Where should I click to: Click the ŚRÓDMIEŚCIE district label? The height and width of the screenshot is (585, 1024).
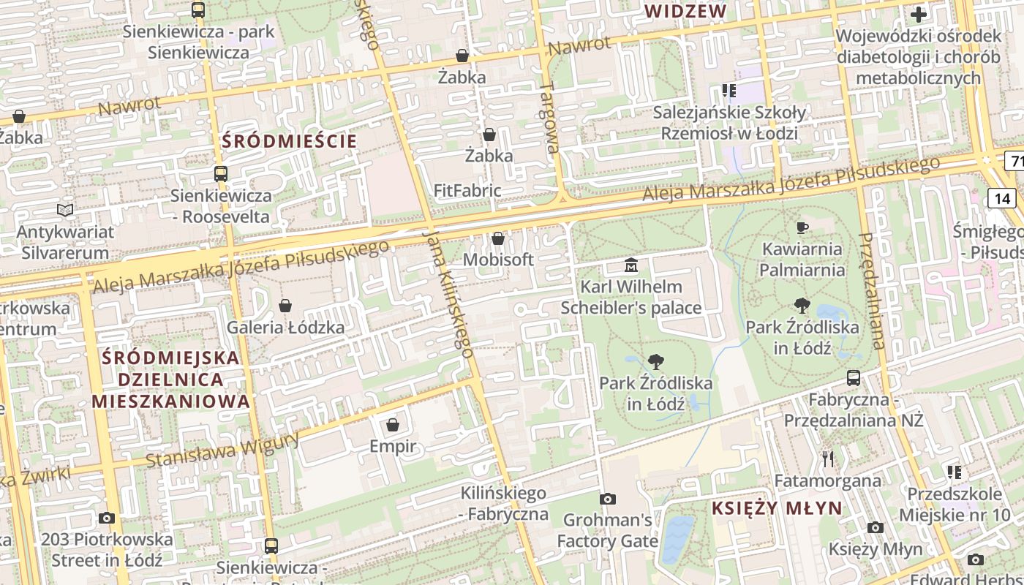pyautogui.click(x=290, y=141)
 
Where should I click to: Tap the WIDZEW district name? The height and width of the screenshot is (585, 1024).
pyautogui.click(x=686, y=11)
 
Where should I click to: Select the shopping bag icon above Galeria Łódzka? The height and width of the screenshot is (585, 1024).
pyautogui.click(x=285, y=305)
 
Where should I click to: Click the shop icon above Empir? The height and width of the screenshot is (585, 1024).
pyautogui.click(x=393, y=424)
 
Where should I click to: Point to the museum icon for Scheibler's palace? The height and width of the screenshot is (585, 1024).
pyautogui.click(x=630, y=265)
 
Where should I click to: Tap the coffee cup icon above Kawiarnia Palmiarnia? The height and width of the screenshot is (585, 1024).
pyautogui.click(x=802, y=227)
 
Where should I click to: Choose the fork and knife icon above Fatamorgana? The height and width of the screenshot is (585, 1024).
pyautogui.click(x=828, y=459)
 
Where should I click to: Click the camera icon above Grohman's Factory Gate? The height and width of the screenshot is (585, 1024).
pyautogui.click(x=607, y=499)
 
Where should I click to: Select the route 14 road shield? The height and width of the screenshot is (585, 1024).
pyautogui.click(x=1002, y=198)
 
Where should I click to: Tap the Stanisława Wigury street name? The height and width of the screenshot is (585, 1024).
pyautogui.click(x=222, y=448)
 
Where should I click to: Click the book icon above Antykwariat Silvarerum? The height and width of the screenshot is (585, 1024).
pyautogui.click(x=65, y=211)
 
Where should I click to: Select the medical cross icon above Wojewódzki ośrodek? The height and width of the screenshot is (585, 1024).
pyautogui.click(x=918, y=14)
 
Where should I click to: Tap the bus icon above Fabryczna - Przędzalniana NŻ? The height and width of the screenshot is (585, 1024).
pyautogui.click(x=854, y=378)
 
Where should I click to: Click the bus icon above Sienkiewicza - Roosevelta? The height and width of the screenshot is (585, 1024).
pyautogui.click(x=221, y=174)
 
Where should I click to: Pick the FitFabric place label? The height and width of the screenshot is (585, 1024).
pyautogui.click(x=467, y=191)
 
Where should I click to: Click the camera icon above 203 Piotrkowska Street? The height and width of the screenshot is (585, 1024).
pyautogui.click(x=107, y=518)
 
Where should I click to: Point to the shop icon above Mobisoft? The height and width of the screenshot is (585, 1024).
pyautogui.click(x=498, y=238)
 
